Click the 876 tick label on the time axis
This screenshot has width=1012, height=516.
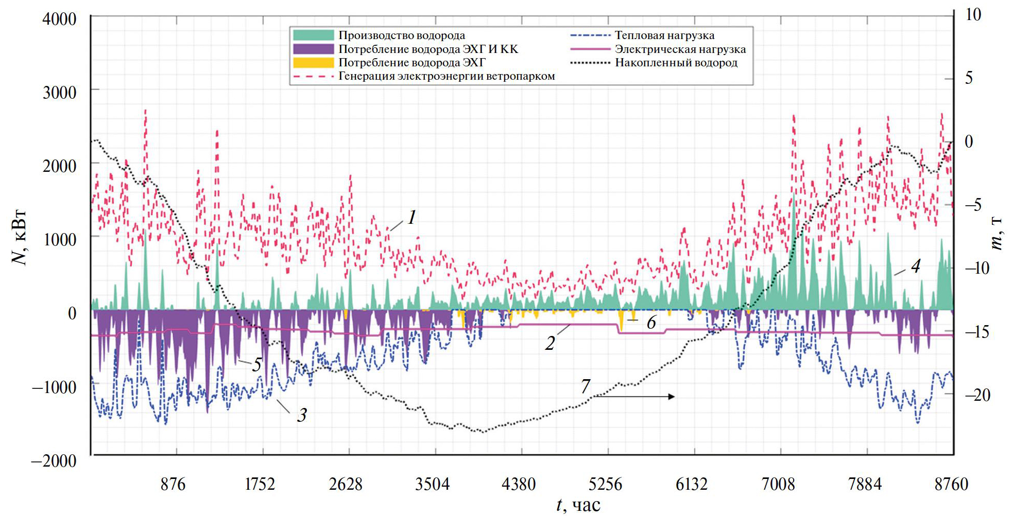tap(173, 484)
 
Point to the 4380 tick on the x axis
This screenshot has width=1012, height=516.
tap(519, 484)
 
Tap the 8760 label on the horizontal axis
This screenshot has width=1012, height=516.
tap(951, 484)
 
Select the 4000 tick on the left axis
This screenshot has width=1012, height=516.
tap(59, 19)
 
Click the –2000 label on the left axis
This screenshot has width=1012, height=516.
tap(54, 460)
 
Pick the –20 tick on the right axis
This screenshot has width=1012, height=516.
tap(977, 395)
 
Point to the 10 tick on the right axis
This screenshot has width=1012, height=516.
tap(973, 14)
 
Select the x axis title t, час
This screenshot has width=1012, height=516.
tap(578, 505)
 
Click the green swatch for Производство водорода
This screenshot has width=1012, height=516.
tap(313, 35)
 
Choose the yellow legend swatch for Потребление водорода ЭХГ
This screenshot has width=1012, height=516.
tap(313, 63)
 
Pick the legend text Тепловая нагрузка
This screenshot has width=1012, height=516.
tap(664, 35)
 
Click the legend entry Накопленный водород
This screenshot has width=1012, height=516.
tap(676, 63)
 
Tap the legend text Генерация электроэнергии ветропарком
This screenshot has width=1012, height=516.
tap(447, 76)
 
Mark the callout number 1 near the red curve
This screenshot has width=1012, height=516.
tap(411, 218)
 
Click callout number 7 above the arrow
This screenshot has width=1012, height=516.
tap(586, 386)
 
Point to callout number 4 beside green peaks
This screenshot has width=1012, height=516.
tap(915, 266)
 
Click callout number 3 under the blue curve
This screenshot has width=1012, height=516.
tap(302, 415)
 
